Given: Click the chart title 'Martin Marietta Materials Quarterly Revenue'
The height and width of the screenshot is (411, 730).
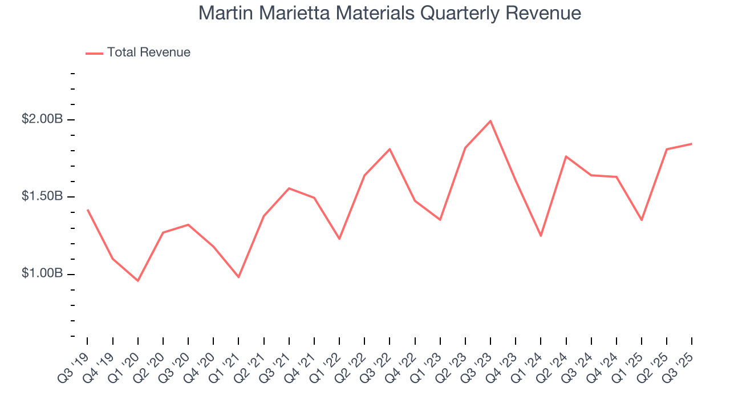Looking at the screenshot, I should pos(390,13).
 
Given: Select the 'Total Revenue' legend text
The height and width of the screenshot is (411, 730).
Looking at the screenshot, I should pos(148,53).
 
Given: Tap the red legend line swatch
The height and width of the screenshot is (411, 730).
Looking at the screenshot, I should pos(94,53).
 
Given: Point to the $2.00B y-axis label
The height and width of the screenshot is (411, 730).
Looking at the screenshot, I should pos(42,119).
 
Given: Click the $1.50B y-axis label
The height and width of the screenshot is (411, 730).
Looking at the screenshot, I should pos(42,196).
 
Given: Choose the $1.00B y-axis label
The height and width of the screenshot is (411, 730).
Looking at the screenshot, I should pos(42,273).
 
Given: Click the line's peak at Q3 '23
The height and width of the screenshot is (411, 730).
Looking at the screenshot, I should pos(490,121).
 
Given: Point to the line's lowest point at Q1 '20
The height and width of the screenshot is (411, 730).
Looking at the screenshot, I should pos(137,280).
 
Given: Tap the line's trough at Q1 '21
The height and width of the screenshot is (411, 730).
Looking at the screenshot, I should pos(238,277).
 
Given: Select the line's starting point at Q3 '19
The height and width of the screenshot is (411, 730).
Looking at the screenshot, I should pos(87,210).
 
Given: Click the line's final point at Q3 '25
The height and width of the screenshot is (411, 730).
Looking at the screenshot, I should pos(691,144).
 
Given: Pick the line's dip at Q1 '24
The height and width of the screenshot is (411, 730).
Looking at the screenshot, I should pos(541,236).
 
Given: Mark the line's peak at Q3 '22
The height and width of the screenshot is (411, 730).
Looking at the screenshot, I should pos(390,149).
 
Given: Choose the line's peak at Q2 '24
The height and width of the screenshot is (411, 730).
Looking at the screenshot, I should pos(566,156).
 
